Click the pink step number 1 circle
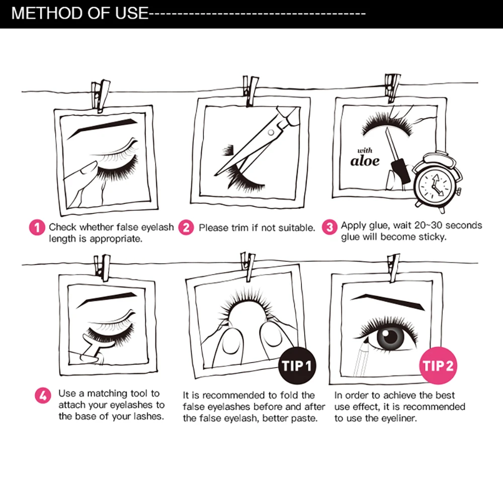[x=37, y=227]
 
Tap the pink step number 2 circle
[x=187, y=227]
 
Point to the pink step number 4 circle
[x=43, y=395]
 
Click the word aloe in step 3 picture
[x=365, y=161]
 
